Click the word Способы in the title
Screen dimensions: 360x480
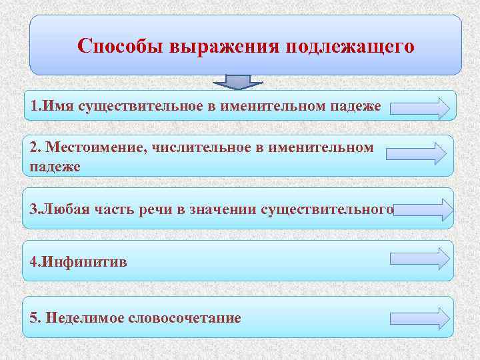point(121,47)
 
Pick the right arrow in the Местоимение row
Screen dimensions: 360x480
point(416,153)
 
